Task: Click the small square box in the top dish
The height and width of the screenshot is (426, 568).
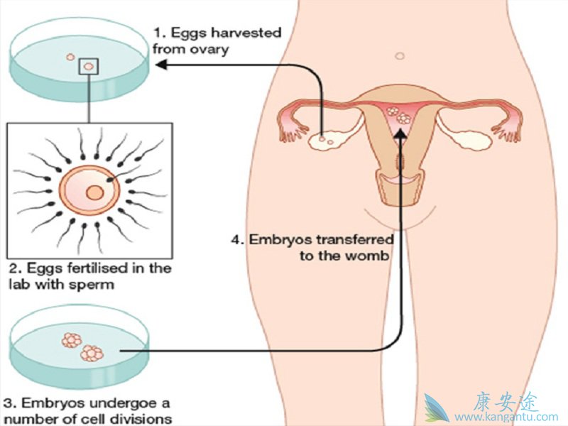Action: [x=89, y=67]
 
